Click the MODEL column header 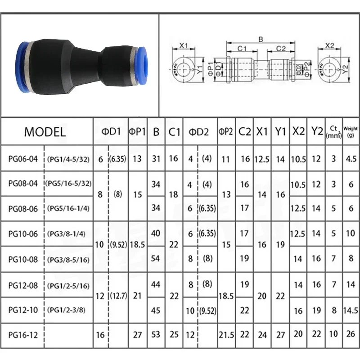[45, 132]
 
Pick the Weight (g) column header [351, 132]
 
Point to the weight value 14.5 [351, 310]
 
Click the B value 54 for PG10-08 [156, 259]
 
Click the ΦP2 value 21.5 [226, 334]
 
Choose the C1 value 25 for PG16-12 [174, 334]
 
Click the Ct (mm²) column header [333, 132]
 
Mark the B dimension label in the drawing [260, 39]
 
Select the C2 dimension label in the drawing [281, 48]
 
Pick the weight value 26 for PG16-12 [351, 334]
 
